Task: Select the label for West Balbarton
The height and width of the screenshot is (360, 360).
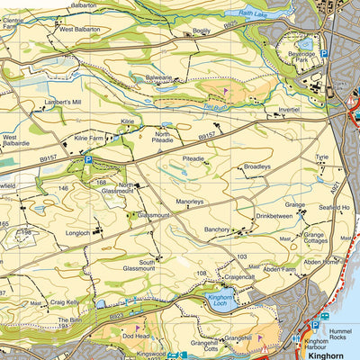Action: pos(78,29)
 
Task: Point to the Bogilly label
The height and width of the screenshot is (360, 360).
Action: pos(201,31)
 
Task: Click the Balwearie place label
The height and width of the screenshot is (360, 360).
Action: pos(158,77)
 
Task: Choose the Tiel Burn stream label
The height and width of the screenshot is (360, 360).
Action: pos(212,105)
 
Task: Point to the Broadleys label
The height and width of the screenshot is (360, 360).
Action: pos(256,166)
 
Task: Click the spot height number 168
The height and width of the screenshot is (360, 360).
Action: pos(102,182)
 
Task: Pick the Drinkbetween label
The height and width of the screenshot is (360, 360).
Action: pos(274,216)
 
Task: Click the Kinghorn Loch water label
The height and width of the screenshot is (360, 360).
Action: pos(220,301)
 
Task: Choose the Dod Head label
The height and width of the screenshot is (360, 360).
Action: pos(136,335)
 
